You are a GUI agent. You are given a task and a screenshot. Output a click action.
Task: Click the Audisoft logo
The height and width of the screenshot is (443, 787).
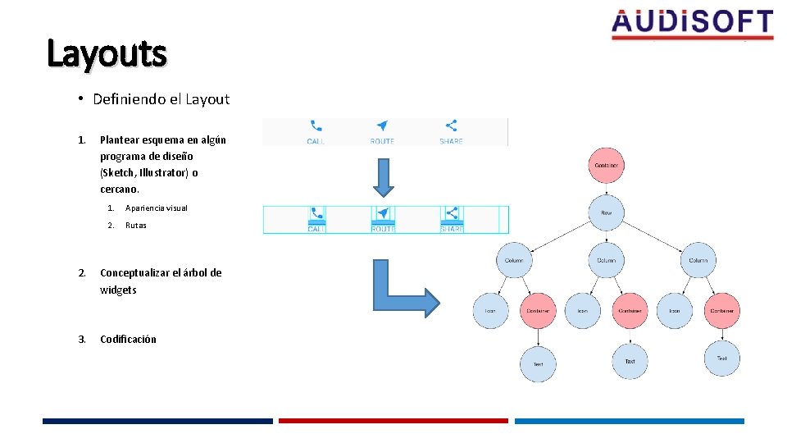[x=692, y=24]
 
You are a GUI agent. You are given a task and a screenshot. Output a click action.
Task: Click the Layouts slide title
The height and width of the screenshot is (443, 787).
[x=107, y=54]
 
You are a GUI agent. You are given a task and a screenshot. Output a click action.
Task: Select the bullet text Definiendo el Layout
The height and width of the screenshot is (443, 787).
[x=161, y=99]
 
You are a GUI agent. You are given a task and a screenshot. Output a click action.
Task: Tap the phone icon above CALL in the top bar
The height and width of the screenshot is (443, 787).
[x=316, y=126]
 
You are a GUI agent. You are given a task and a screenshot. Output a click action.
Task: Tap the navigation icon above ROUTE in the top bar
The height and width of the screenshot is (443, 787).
[x=382, y=126]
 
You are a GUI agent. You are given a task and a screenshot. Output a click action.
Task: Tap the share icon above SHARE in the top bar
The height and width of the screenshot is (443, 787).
[x=451, y=126]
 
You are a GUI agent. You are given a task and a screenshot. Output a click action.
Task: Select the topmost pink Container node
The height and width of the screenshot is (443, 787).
[x=606, y=166]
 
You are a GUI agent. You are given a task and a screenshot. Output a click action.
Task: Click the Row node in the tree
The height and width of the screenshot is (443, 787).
[x=606, y=212]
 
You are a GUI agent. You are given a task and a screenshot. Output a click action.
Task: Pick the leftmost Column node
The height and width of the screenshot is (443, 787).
[x=514, y=260]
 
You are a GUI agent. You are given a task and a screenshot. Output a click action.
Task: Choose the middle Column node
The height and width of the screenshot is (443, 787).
[x=606, y=260]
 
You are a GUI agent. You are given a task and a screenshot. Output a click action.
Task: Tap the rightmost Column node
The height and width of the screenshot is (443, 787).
[x=698, y=260]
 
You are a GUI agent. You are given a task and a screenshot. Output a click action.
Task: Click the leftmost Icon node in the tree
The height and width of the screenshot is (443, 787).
[x=490, y=311]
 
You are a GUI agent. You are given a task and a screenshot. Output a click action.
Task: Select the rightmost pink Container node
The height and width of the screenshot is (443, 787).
[x=722, y=311]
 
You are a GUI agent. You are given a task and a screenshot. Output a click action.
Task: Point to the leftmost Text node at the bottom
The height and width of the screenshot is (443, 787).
[x=538, y=363]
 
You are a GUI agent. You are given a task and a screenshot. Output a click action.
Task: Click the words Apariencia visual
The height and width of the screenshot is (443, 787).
[x=156, y=208]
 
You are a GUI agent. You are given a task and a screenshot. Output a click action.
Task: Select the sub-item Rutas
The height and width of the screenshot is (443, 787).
[x=135, y=226]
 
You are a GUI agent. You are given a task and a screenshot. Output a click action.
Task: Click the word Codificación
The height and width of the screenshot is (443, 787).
[x=128, y=340]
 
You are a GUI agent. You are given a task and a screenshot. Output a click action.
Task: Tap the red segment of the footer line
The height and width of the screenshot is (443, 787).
[x=393, y=421]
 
